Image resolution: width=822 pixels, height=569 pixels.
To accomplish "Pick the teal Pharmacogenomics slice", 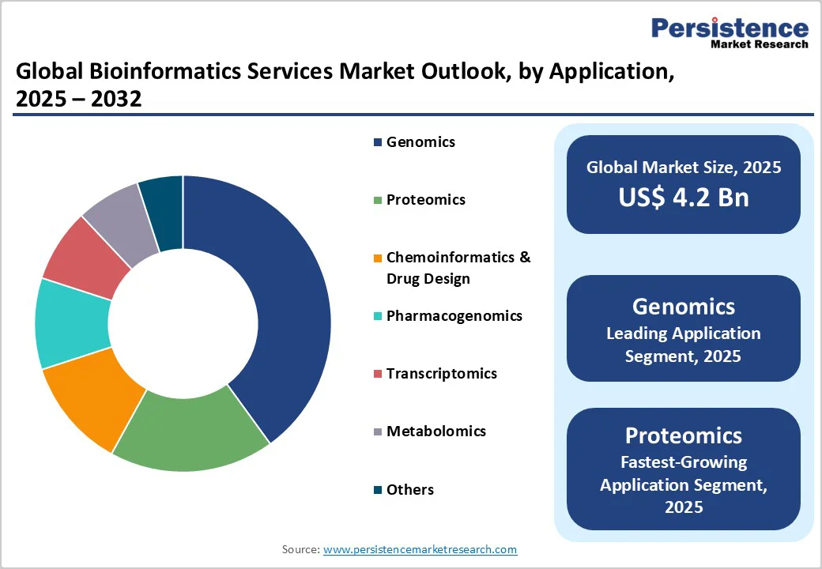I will [x=71, y=324].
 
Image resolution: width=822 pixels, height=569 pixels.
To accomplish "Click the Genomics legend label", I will [x=420, y=142].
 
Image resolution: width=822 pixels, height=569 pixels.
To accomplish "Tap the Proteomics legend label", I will [x=425, y=200].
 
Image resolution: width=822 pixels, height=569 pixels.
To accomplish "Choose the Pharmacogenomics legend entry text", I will [x=454, y=316].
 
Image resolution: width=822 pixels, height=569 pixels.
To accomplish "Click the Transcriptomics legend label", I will [x=441, y=374].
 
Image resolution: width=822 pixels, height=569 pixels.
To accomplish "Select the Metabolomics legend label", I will [x=436, y=431].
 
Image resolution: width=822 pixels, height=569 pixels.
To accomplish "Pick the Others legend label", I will [x=409, y=490].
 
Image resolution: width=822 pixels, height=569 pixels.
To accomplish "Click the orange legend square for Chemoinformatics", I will [x=378, y=258].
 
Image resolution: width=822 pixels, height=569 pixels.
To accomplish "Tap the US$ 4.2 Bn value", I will [x=683, y=197].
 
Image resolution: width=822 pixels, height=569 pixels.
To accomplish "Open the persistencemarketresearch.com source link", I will [x=420, y=549].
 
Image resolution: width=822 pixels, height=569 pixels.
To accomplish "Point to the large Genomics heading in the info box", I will [x=683, y=307].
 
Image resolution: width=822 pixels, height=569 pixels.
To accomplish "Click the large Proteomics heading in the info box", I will [x=683, y=435].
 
